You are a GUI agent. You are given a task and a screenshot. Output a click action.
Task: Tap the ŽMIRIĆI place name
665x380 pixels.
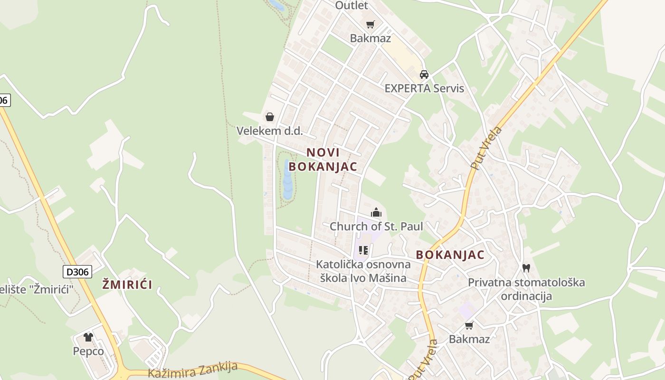(127, 285)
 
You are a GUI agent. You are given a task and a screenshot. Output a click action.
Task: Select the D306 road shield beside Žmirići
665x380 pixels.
(77, 272)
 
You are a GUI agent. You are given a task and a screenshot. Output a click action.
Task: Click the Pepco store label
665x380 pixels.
(88, 351)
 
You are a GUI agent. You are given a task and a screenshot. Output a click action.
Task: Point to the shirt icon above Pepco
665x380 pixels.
(88, 337)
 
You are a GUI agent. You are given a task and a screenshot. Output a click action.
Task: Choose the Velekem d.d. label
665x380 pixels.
(269, 131)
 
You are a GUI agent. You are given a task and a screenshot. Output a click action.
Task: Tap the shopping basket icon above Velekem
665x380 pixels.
(270, 117)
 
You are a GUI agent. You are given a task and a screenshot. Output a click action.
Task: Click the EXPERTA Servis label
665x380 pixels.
(424, 88)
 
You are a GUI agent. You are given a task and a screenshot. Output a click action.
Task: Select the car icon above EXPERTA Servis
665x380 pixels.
(424, 75)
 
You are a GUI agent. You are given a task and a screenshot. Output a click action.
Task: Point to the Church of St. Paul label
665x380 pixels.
(376, 226)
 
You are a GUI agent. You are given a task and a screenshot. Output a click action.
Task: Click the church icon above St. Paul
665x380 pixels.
(376, 212)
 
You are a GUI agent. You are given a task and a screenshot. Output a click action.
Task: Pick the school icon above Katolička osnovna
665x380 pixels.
(363, 250)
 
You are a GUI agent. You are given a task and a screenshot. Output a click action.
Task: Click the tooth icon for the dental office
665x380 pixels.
(526, 268)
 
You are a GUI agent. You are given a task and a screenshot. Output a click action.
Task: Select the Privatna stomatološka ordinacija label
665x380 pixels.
(526, 289)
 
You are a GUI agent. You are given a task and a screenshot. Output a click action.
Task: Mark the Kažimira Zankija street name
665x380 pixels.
(192, 369)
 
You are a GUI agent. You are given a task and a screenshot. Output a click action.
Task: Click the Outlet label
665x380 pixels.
(351, 5)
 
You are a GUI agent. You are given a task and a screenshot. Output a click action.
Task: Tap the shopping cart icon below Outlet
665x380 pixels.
(370, 25)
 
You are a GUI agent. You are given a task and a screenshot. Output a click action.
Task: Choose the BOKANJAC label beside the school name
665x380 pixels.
(450, 255)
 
